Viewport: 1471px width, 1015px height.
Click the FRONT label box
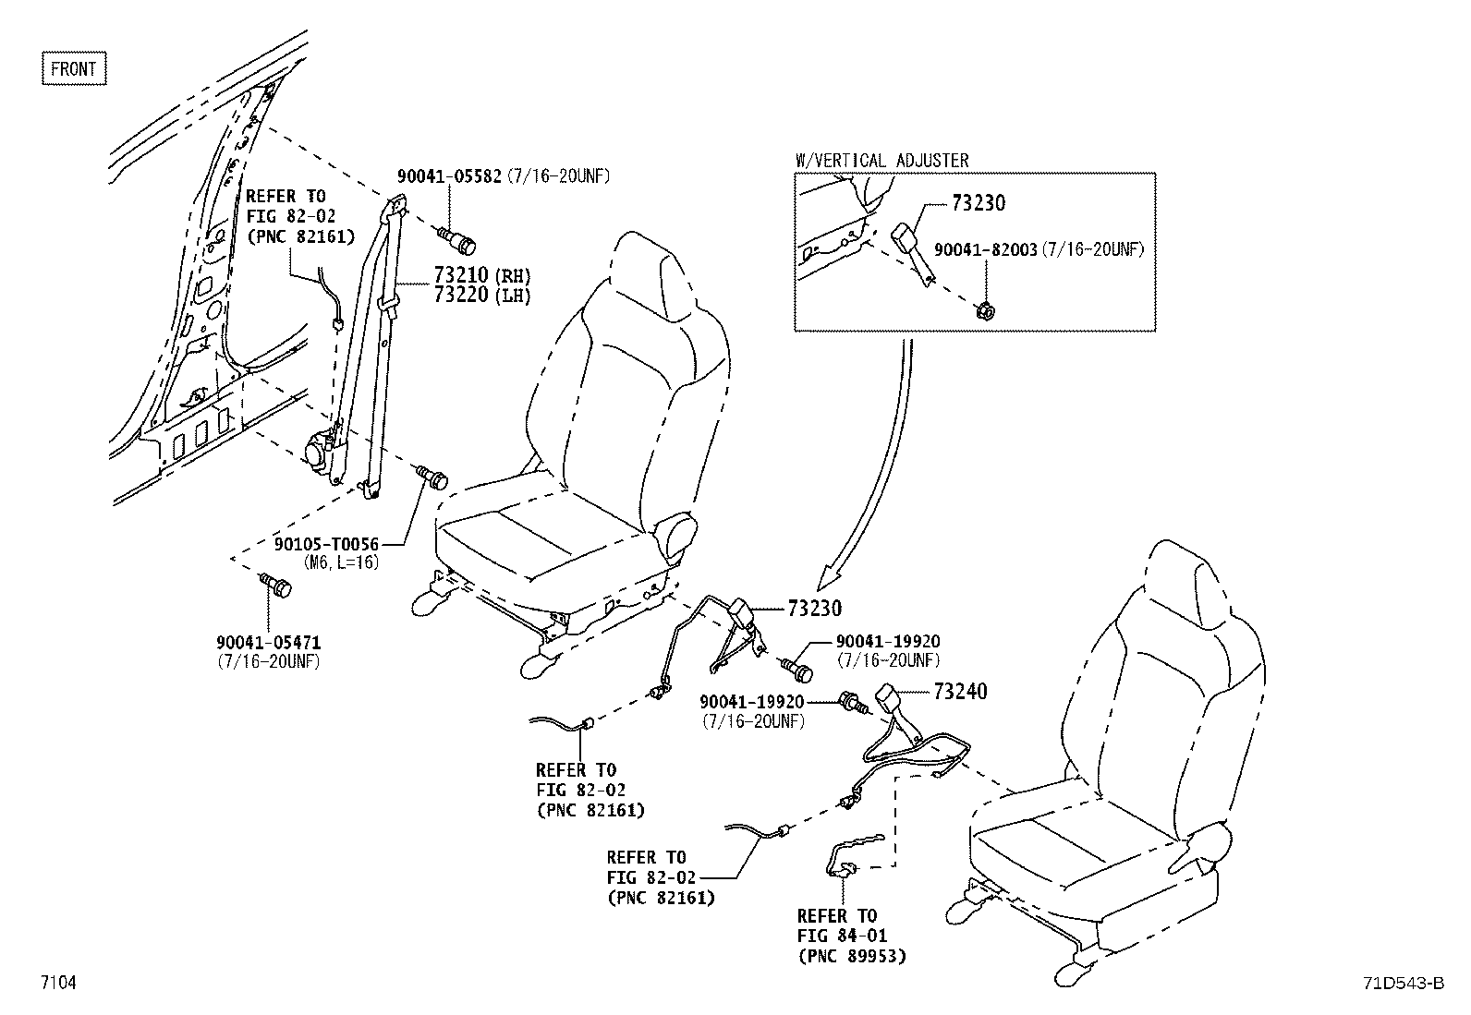tap(74, 69)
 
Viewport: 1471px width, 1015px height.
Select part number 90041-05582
tap(449, 175)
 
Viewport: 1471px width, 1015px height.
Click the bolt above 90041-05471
tap(275, 585)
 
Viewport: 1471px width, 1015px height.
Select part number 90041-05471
tap(269, 642)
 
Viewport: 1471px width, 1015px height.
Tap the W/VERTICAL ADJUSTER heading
tap(881, 161)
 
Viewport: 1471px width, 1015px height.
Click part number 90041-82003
tap(985, 249)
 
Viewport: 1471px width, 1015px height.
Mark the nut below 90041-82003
tap(985, 310)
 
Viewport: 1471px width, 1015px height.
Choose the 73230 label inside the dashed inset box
tap(978, 203)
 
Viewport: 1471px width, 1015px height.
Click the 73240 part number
tap(960, 691)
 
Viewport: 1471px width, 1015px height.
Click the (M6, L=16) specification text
tap(340, 562)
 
